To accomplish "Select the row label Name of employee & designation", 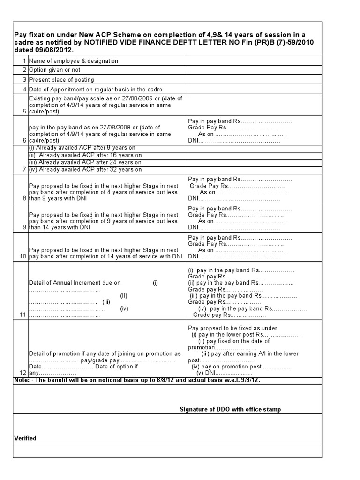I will (74, 61).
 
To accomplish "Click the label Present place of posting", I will (61, 80).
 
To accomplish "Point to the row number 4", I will (24, 89).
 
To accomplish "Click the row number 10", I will (22, 256).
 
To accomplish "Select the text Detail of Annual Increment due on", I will (75, 283).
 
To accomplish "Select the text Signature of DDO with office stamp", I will (230, 409).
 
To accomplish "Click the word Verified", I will (25, 438).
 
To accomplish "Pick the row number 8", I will (24, 198).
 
